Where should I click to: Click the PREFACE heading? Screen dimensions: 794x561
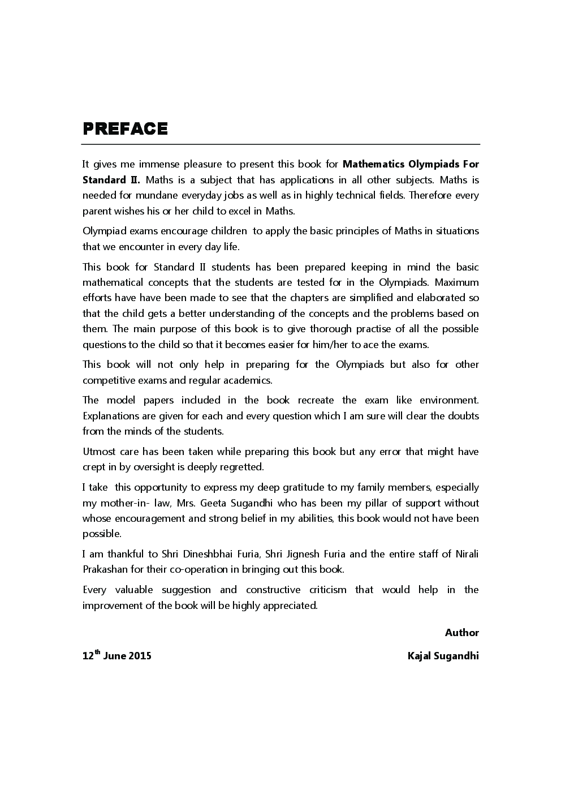[x=125, y=129]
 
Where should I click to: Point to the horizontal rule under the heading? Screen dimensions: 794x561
[x=280, y=145]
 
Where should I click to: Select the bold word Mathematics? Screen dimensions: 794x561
[x=371, y=165]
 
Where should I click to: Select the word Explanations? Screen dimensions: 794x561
[x=110, y=416]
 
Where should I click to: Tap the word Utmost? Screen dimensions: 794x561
[x=99, y=452]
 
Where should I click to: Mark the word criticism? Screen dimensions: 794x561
[x=327, y=590]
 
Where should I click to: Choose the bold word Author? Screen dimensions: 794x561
[x=461, y=633]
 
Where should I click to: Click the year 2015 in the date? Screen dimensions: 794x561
[x=140, y=656]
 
